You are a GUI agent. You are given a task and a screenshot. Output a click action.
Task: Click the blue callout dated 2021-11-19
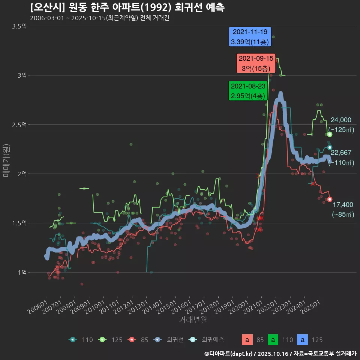click(250, 37)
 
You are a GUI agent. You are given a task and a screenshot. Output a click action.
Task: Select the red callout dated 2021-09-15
click(256, 63)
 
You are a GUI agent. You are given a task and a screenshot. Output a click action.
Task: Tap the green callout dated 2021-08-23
click(248, 91)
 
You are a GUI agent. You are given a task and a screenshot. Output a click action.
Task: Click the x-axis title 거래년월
click(193, 319)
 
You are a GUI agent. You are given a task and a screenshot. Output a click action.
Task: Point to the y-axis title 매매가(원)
click(6, 160)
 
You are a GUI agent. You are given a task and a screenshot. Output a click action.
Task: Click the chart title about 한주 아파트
click(127, 7)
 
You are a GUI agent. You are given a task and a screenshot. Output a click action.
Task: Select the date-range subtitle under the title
click(99, 18)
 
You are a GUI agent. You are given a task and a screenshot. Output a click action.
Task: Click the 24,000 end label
click(341, 120)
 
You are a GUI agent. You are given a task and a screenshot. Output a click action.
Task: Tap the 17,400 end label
click(342, 205)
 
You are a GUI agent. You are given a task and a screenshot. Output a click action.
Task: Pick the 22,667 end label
click(341, 152)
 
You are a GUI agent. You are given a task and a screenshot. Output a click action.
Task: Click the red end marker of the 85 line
click(330, 199)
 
